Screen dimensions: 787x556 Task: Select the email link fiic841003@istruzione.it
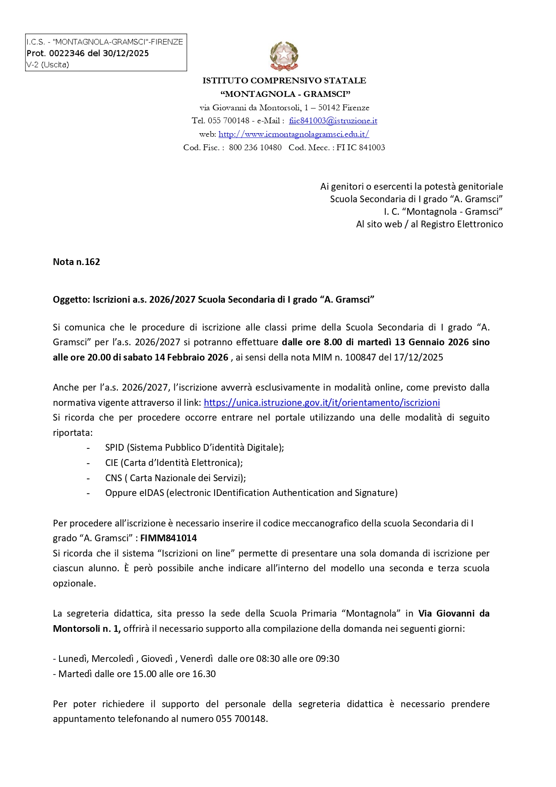pyautogui.click(x=333, y=121)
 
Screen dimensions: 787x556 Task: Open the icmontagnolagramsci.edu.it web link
pyautogui.click(x=293, y=134)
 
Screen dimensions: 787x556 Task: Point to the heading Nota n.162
pyautogui.click(x=76, y=262)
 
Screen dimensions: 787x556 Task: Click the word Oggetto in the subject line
pyautogui.click(x=71, y=300)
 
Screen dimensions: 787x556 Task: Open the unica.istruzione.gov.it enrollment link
pyautogui.click(x=322, y=403)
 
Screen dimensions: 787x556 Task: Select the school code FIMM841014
pyautogui.click(x=168, y=538)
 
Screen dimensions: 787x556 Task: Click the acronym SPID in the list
pyautogui.click(x=114, y=448)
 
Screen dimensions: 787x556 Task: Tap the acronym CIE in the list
pyautogui.click(x=112, y=463)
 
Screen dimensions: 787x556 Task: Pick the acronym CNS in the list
pyautogui.click(x=113, y=478)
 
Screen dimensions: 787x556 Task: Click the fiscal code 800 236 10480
pyautogui.click(x=255, y=148)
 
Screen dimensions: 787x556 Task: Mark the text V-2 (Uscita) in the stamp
pyautogui.click(x=47, y=65)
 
